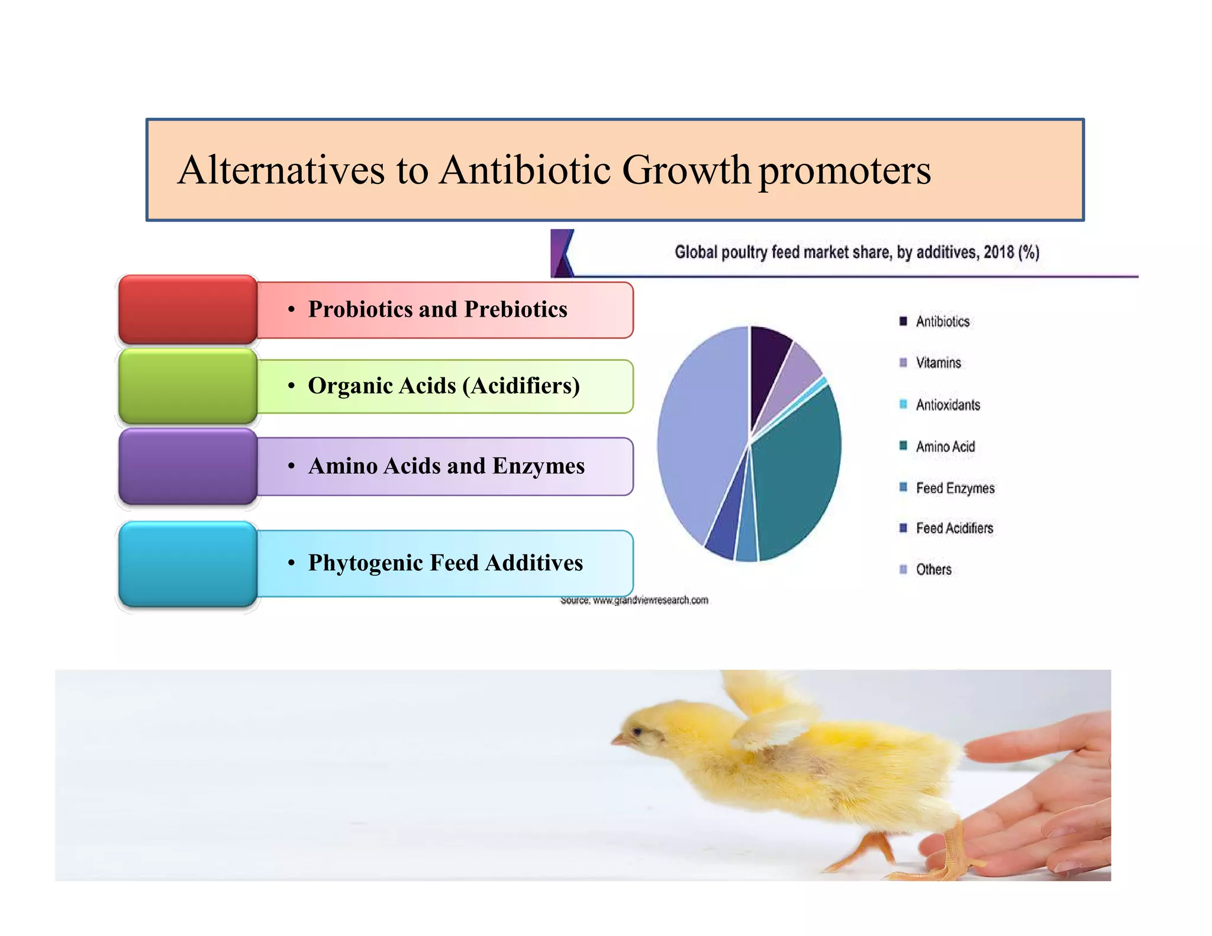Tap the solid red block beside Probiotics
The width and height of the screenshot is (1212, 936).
click(x=188, y=309)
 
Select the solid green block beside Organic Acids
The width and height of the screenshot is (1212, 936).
click(x=188, y=386)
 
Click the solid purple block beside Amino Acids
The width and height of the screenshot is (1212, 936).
click(x=188, y=466)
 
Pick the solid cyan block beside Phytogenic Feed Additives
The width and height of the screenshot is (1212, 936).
click(x=188, y=564)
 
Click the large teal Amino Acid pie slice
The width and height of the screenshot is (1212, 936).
click(x=799, y=473)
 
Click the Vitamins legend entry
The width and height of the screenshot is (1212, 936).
click(x=938, y=363)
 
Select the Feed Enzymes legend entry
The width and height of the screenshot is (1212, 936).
click(x=955, y=488)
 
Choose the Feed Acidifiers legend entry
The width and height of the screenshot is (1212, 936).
click(x=954, y=528)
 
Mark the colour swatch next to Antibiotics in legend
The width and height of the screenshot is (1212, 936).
click(x=903, y=321)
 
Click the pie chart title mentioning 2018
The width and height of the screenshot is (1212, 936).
click(x=856, y=253)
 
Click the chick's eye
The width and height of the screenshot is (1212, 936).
click(x=638, y=732)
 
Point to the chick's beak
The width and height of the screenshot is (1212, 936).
click(x=617, y=740)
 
